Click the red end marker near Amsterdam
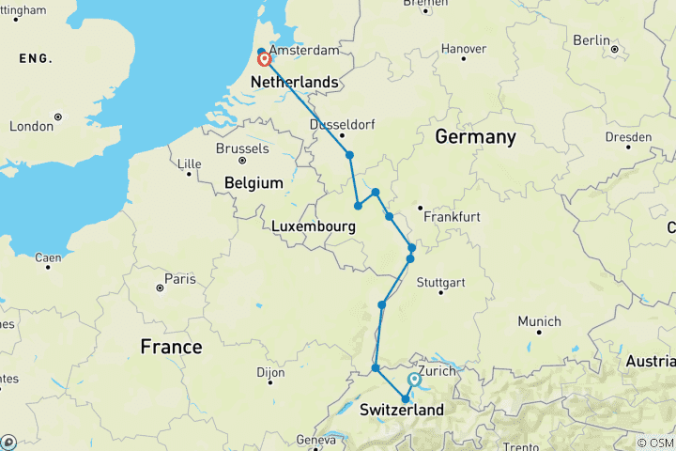(265, 59)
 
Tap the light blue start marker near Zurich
(414, 380)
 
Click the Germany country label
(475, 137)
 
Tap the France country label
(171, 347)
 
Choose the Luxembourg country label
(314, 227)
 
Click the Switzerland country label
(402, 411)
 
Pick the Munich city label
(539, 320)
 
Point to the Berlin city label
(591, 39)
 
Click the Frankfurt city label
(452, 217)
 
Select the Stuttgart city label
(440, 282)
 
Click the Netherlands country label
(295, 83)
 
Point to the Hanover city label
(464, 48)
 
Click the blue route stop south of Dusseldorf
(349, 155)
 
